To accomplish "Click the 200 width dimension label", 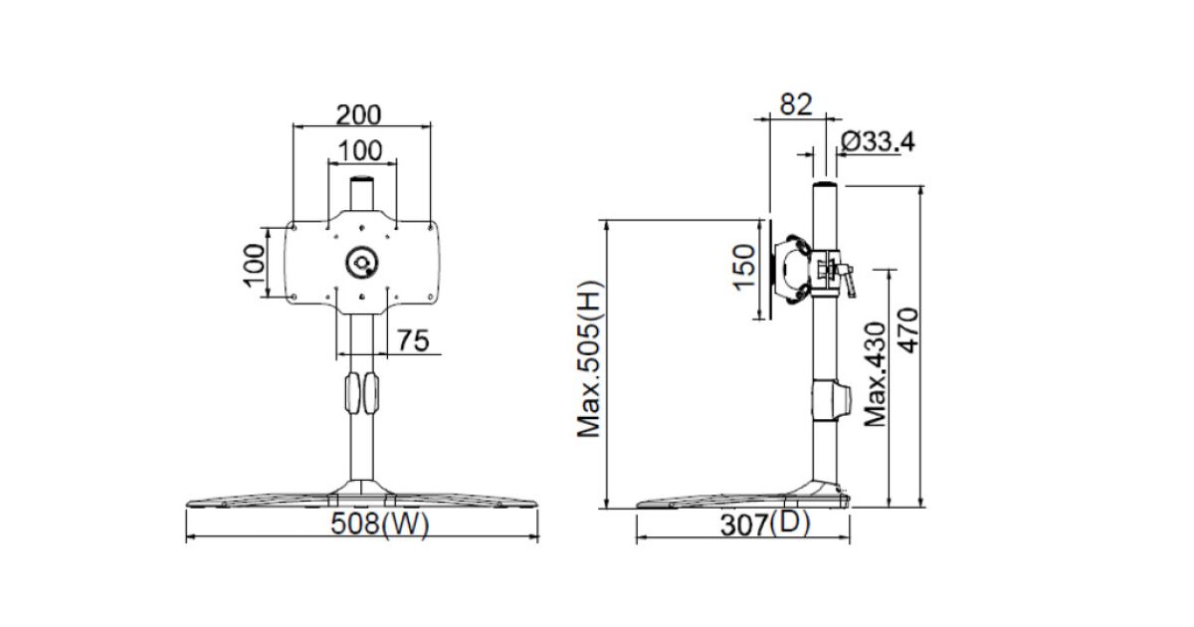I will click(x=357, y=114).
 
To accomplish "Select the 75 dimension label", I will click(x=413, y=341).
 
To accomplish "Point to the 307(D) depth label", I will click(x=765, y=524).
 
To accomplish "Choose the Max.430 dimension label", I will click(x=875, y=373).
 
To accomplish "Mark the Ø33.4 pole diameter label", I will click(x=878, y=142).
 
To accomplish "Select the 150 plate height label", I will click(x=745, y=266).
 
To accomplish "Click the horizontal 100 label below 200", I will click(x=360, y=150).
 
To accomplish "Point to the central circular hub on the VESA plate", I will click(x=360, y=263).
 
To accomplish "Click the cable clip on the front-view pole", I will click(x=362, y=392).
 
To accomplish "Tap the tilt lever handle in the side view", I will click(x=849, y=280).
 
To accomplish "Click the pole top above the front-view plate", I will click(x=362, y=192).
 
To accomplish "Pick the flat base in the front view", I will click(x=362, y=499).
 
